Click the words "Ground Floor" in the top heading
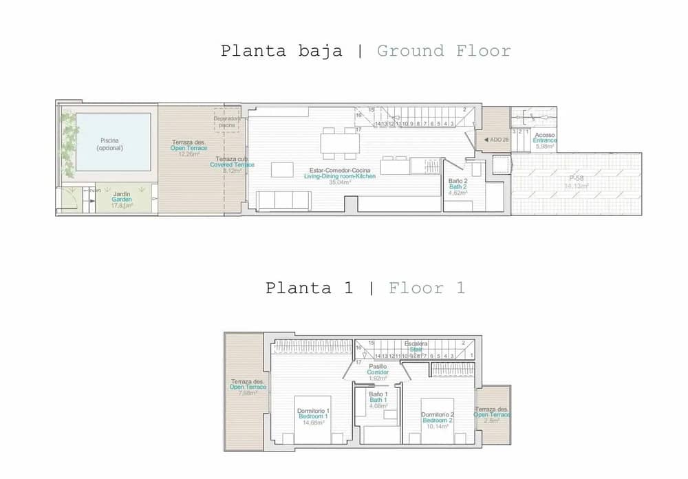tap(444, 51)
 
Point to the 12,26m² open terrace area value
tap(189, 154)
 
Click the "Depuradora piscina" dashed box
tap(227, 122)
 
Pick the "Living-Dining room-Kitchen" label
tap(340, 177)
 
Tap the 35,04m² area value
tap(340, 183)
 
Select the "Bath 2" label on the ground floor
tap(458, 187)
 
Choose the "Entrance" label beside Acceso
tap(545, 140)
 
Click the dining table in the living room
tap(340, 142)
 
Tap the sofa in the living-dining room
tap(283, 200)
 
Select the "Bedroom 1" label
tap(312, 417)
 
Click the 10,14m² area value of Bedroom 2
tap(437, 427)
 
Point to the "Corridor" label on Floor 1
tap(378, 372)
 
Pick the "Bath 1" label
tap(378, 400)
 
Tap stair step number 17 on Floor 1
tap(358, 361)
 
